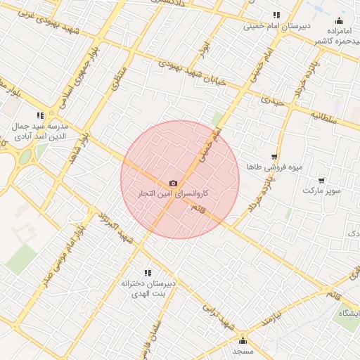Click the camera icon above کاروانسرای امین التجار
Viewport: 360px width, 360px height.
tap(174, 183)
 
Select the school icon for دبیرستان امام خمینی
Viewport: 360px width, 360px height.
tap(276, 15)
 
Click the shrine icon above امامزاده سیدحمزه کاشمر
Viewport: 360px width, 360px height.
tap(340, 20)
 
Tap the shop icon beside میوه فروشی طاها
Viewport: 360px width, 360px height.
tap(274, 157)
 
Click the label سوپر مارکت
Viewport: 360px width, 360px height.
tap(322, 191)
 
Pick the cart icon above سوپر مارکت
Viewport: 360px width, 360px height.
tap(321, 181)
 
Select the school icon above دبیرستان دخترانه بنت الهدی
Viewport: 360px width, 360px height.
tap(148, 272)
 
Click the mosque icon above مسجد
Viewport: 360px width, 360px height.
tap(243, 341)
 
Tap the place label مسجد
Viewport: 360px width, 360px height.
tap(243, 350)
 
